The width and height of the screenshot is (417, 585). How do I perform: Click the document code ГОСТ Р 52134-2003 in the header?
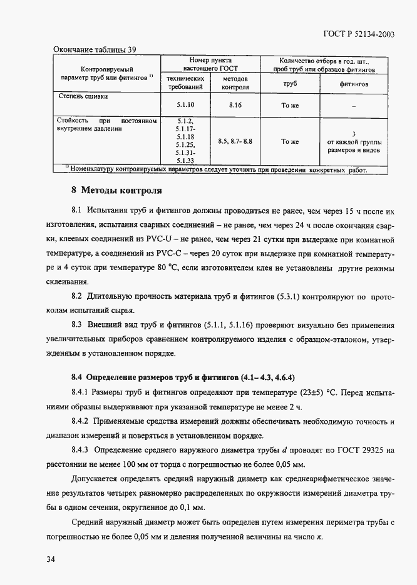[x=359, y=35]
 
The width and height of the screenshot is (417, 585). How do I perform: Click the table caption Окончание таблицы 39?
[x=95, y=49]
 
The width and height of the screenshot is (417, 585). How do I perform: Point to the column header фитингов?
[x=354, y=83]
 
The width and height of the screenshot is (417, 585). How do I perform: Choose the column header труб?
[x=290, y=83]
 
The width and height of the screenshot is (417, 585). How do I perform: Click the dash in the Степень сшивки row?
[x=354, y=106]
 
